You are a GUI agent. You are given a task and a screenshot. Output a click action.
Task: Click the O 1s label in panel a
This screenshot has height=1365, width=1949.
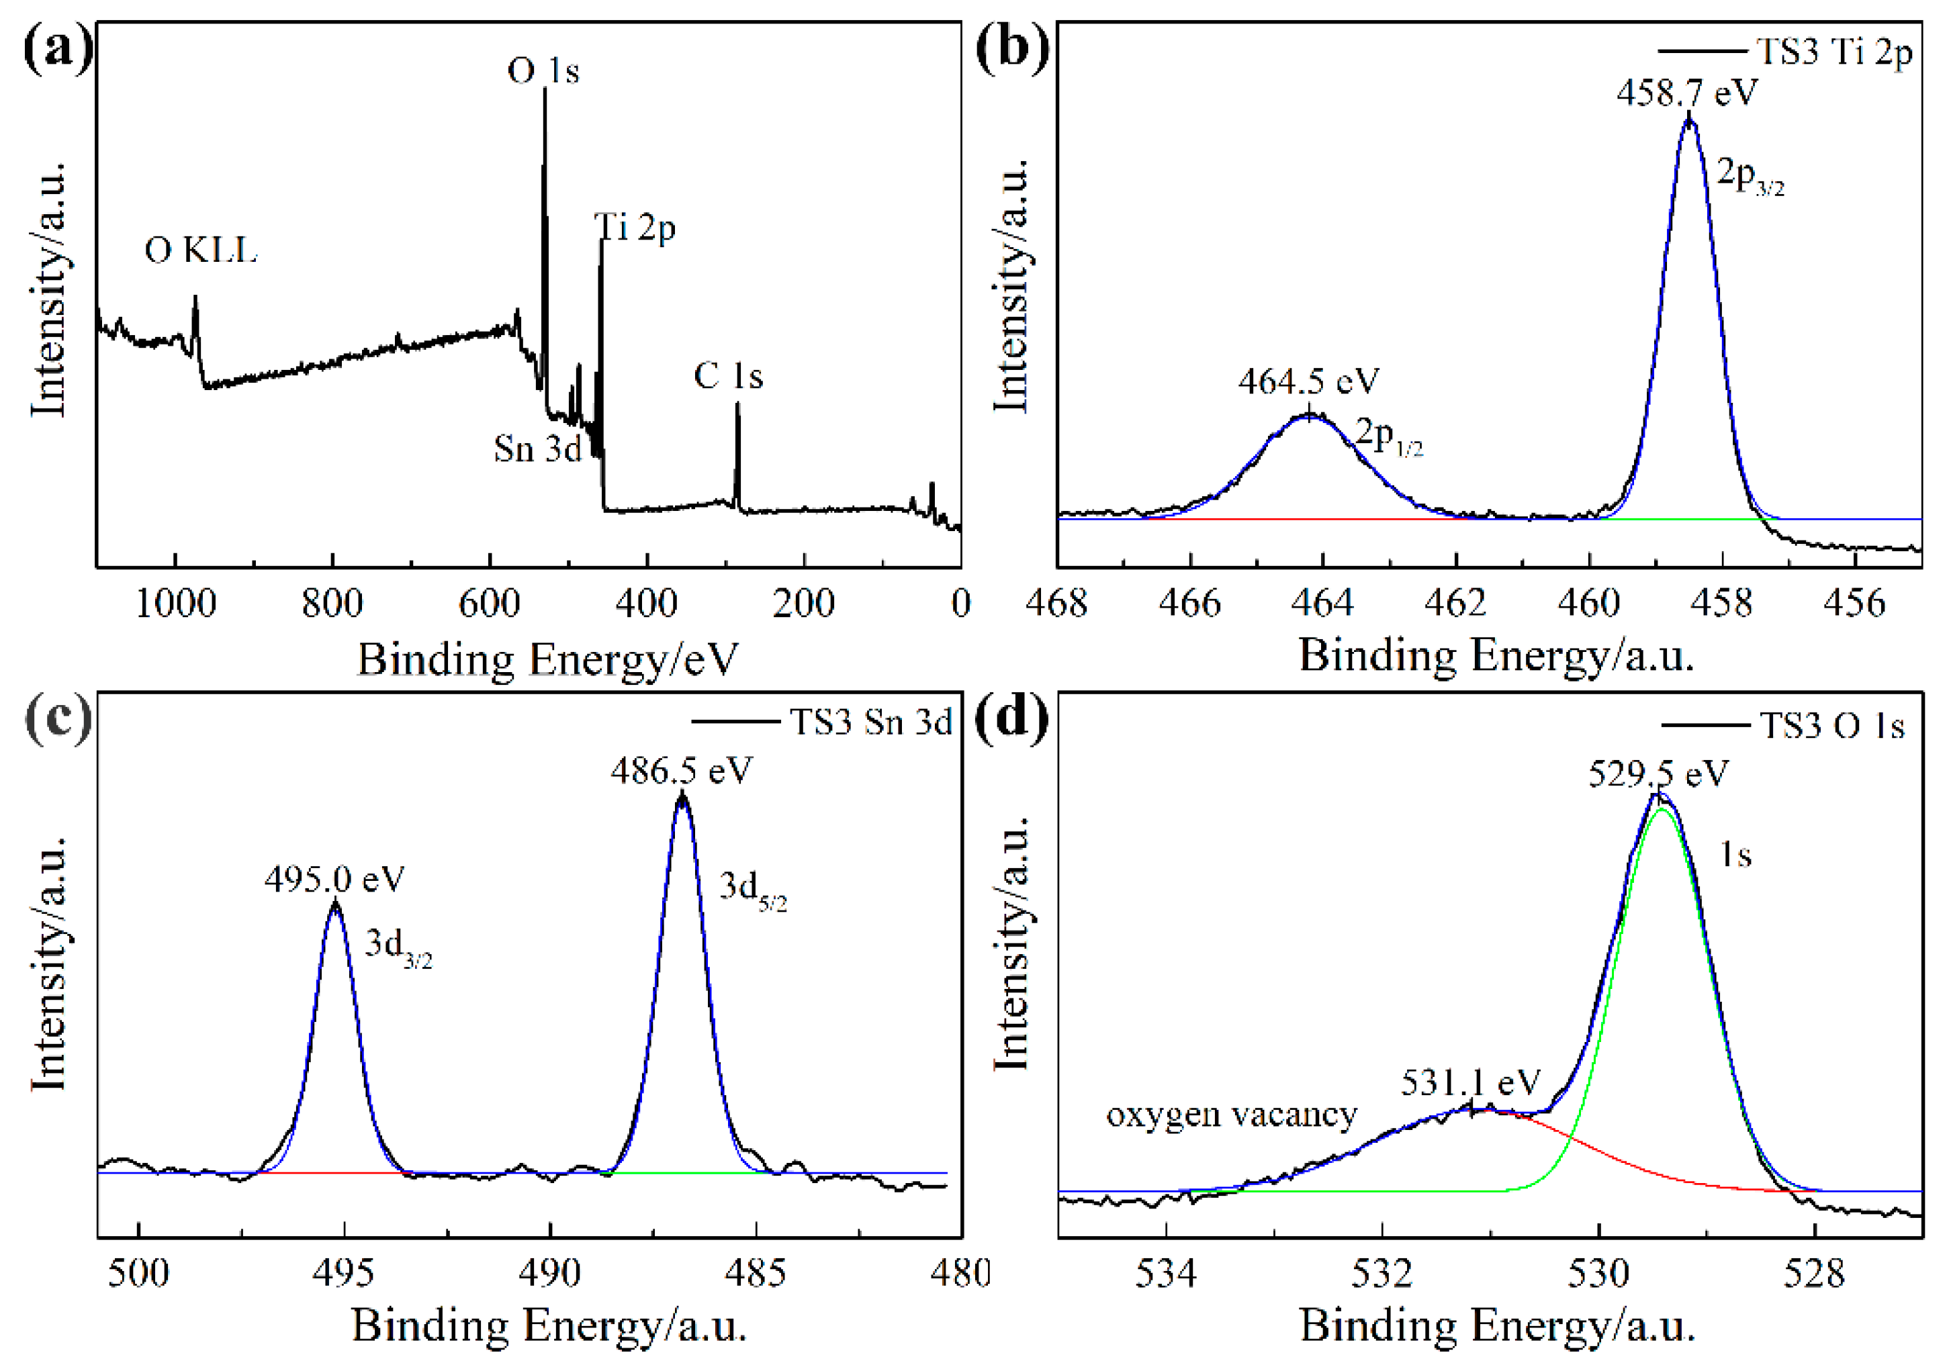[x=543, y=70]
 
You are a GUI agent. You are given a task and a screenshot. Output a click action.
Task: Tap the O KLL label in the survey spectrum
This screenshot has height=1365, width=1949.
[x=201, y=250]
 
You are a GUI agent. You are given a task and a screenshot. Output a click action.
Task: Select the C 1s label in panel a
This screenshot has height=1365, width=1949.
[x=728, y=376]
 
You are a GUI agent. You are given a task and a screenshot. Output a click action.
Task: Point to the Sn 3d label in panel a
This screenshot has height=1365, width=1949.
[x=537, y=449]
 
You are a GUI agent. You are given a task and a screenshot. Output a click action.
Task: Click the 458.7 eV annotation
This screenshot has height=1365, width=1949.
[x=1686, y=92]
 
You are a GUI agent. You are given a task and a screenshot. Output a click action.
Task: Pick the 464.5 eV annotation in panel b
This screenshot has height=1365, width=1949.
[x=1308, y=381]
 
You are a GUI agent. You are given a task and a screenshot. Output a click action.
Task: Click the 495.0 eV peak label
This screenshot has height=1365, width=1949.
[x=334, y=879]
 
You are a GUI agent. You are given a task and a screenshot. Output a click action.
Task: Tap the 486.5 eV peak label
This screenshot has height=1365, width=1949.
[x=682, y=771]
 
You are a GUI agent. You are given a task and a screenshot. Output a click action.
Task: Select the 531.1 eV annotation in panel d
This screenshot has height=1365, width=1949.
[x=1470, y=1082]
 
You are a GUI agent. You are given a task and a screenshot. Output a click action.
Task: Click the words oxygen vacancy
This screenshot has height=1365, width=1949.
[x=1232, y=1114]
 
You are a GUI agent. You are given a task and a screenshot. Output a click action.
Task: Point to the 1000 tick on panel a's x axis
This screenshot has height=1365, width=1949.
[x=176, y=604]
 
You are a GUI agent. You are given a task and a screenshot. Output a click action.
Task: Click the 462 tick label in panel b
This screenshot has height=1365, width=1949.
[x=1456, y=603]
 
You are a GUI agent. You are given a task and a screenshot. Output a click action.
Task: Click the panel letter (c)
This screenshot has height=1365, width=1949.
[x=58, y=718]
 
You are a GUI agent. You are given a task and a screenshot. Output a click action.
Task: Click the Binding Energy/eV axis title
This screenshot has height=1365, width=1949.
[x=547, y=659]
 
